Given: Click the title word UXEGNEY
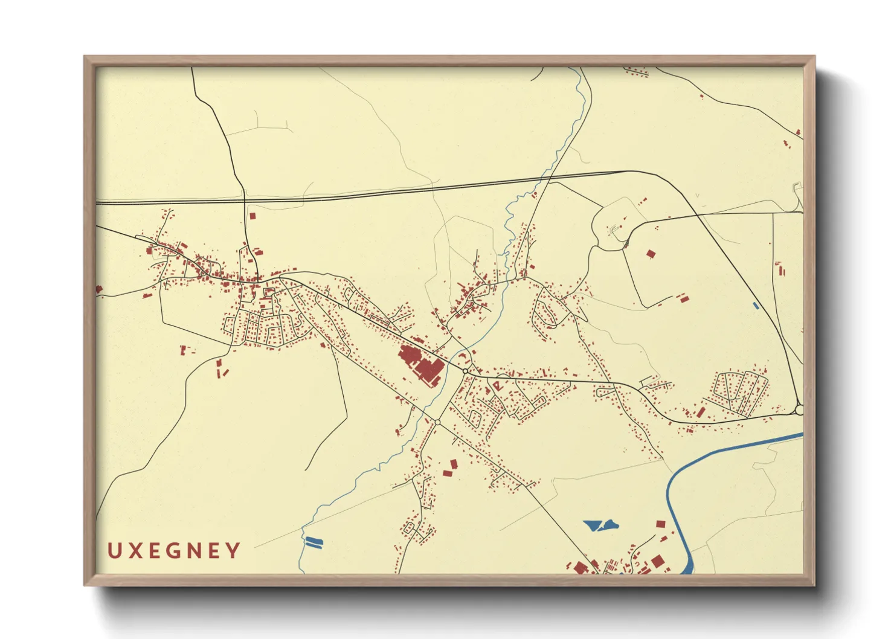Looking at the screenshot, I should pos(174,551).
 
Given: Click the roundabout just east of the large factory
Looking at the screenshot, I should pos(465,371).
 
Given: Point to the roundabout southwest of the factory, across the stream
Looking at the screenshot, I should pos(437,422).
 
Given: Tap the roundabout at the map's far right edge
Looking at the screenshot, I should pos(799,410).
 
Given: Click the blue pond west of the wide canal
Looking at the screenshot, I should pos(600,525).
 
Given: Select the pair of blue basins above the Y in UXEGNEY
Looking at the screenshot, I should pos(314,542).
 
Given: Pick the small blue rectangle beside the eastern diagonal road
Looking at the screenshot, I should pos(756,306).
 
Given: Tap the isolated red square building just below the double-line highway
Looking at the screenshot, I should pos(252,215).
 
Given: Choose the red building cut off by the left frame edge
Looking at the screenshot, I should pos(99,290).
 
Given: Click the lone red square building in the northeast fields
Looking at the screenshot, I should pos(651,254).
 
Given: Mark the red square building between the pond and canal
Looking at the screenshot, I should pos(660,524).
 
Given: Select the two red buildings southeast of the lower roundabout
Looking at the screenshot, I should pos(450,468).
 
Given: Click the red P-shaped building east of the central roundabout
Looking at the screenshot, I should pos(497,384).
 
